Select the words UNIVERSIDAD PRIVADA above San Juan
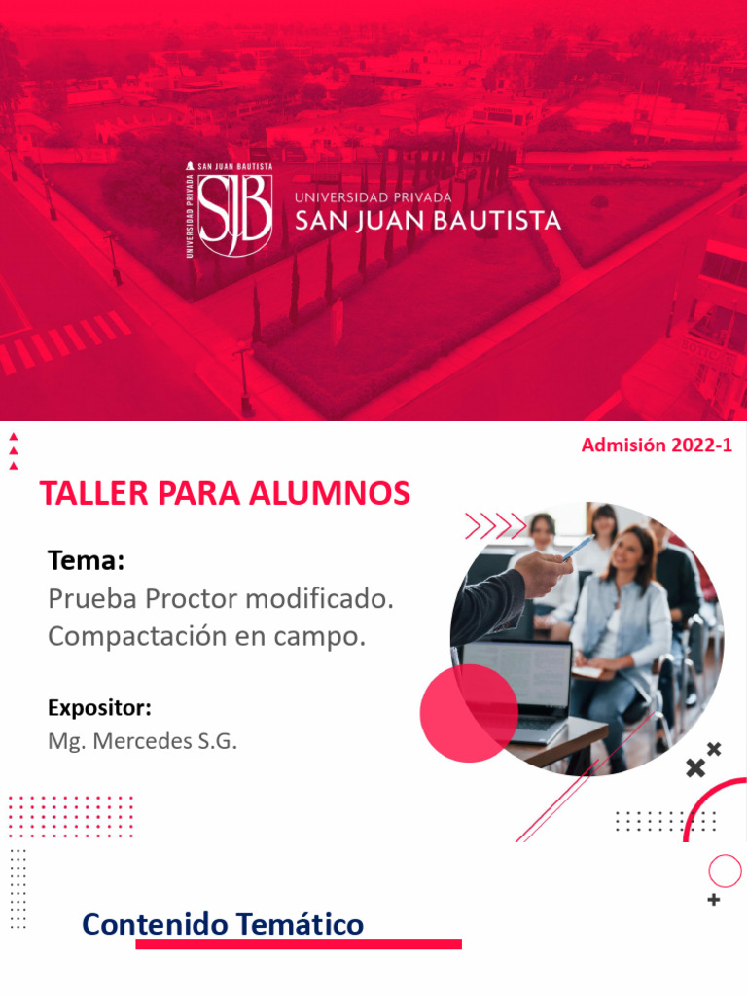[x=373, y=196]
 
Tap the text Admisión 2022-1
[x=657, y=445]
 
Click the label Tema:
[x=86, y=561]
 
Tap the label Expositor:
[x=99, y=707]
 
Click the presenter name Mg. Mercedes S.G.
[x=142, y=741]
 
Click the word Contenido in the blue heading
[x=156, y=924]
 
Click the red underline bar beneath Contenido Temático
[x=298, y=943]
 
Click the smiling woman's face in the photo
[x=627, y=552]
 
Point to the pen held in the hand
[x=578, y=550]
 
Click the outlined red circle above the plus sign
[x=725, y=871]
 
